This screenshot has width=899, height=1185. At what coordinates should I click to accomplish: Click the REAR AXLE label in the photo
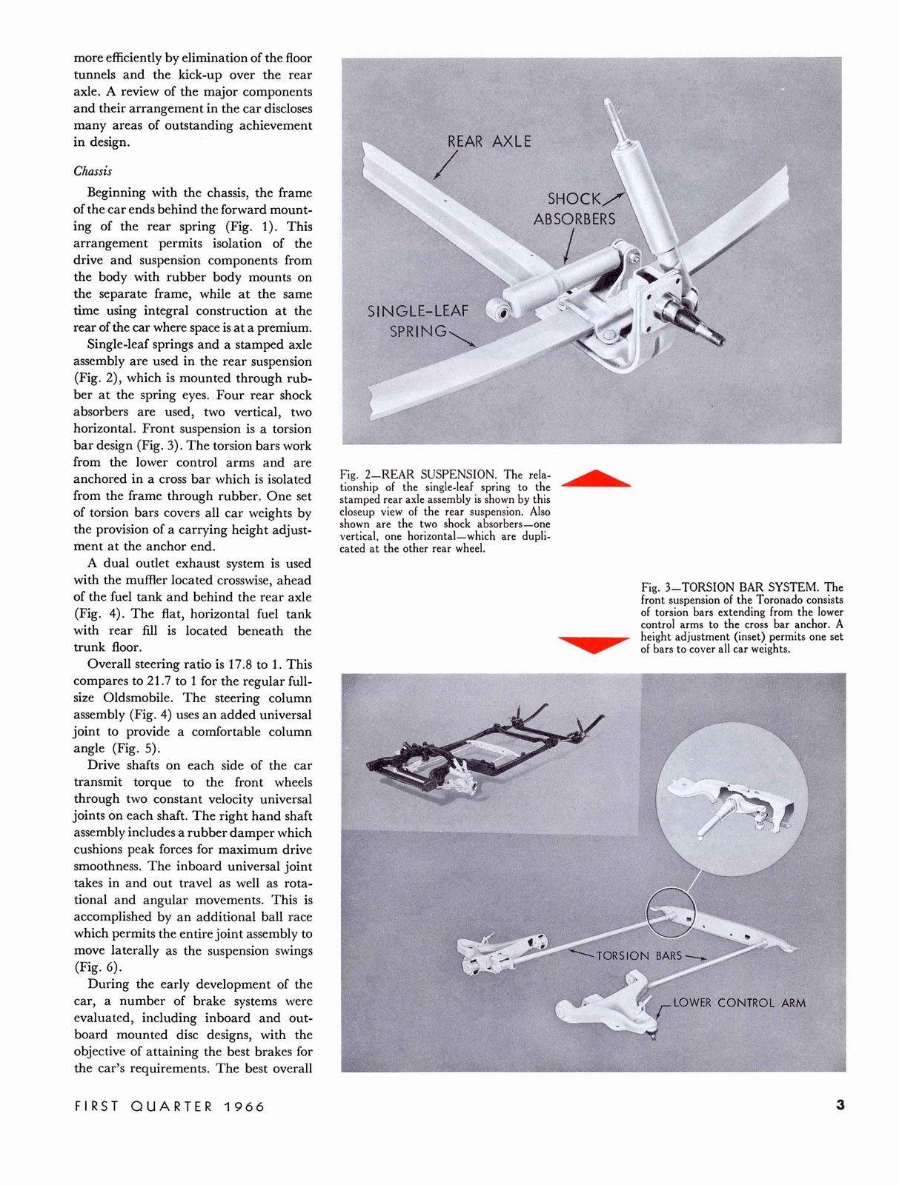pos(489,141)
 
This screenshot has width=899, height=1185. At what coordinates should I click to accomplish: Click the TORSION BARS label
pos(639,955)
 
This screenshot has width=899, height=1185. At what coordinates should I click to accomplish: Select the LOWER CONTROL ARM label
pos(738,1003)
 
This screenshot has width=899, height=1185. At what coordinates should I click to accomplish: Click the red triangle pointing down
pos(594,644)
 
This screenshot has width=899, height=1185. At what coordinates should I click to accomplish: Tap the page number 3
pos(840,1105)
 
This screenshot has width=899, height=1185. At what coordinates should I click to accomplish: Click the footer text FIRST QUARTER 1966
pos(170,1106)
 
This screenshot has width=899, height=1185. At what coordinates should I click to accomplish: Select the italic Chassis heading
pos(93,171)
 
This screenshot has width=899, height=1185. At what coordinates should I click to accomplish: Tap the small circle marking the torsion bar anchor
pos(670,912)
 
